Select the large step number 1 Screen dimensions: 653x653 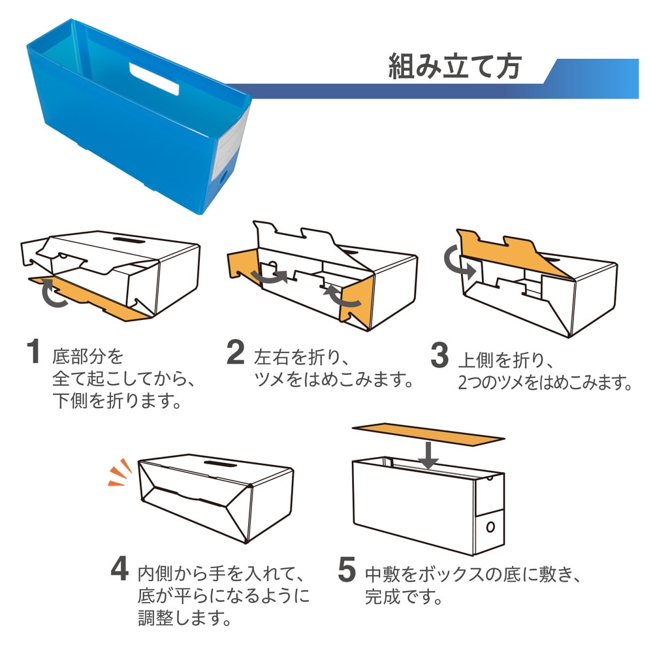(x=33, y=352)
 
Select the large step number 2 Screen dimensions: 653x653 (x=235, y=353)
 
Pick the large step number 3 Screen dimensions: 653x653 (x=439, y=355)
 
